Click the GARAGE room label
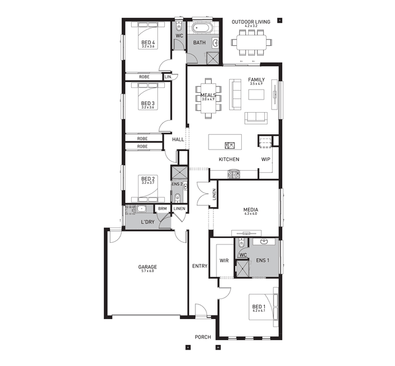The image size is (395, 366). pos(147,267)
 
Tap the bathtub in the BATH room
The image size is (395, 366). pos(201,28)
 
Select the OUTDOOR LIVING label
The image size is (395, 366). pos(251,22)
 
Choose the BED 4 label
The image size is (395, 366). pos(148,42)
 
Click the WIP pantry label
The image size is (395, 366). pos(265,159)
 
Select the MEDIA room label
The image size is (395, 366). pos(250,209)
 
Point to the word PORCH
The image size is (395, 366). pos(203,337)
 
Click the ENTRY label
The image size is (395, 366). pos(200,266)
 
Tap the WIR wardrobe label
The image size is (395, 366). pos(224,260)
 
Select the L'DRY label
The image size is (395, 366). pos(147,222)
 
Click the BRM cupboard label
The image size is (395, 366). pos(162,209)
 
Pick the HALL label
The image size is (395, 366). pos(178,140)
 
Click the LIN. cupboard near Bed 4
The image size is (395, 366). pos(169,77)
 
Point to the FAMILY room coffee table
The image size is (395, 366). pos(256,94)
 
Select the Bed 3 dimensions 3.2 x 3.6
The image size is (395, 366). pos(148,107)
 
